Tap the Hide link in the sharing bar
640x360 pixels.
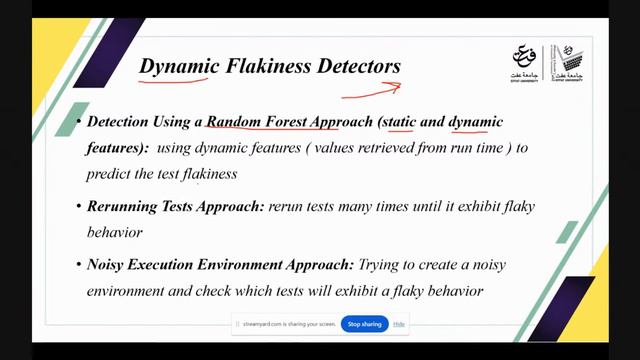click(399, 324)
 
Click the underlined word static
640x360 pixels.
click(401, 122)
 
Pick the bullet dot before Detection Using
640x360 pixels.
click(79, 123)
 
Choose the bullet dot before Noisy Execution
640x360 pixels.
click(79, 266)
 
